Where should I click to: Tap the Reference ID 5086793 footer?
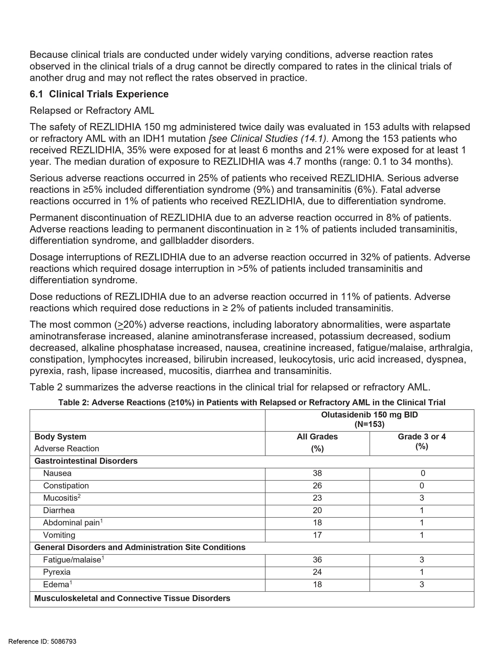click(x=42, y=642)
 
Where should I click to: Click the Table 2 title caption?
click(x=252, y=402)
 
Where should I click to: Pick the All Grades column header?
click(x=317, y=437)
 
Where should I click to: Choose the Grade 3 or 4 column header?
click(x=422, y=437)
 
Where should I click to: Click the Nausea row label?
click(x=57, y=473)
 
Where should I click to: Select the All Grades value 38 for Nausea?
click(x=317, y=473)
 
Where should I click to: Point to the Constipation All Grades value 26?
click(x=317, y=486)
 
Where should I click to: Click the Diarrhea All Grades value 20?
click(x=317, y=511)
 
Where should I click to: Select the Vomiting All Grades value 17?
click(x=317, y=535)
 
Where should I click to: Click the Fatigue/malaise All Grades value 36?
click(x=317, y=560)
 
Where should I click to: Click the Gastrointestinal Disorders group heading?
click(x=86, y=461)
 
